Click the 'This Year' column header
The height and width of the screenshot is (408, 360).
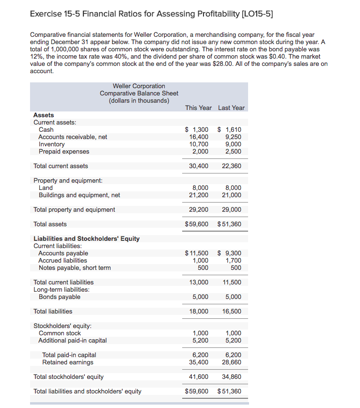[198, 108]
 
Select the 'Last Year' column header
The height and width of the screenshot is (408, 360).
[231, 108]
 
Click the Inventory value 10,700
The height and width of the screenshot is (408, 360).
[199, 144]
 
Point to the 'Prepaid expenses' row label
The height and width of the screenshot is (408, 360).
[63, 152]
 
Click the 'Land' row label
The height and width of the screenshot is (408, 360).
[46, 188]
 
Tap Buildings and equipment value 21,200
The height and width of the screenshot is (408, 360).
[199, 195]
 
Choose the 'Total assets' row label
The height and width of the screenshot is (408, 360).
[50, 224]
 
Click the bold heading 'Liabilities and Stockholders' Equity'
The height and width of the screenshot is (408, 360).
[86, 238]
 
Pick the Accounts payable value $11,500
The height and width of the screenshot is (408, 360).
[197, 253]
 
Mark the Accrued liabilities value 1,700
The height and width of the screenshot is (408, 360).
[234, 261]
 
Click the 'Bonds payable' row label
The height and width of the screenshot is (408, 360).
[59, 297]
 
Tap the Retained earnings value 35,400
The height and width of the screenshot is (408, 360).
[199, 362]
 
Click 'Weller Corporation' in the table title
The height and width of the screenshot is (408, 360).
[139, 86]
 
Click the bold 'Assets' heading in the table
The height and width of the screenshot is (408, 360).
[44, 115]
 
